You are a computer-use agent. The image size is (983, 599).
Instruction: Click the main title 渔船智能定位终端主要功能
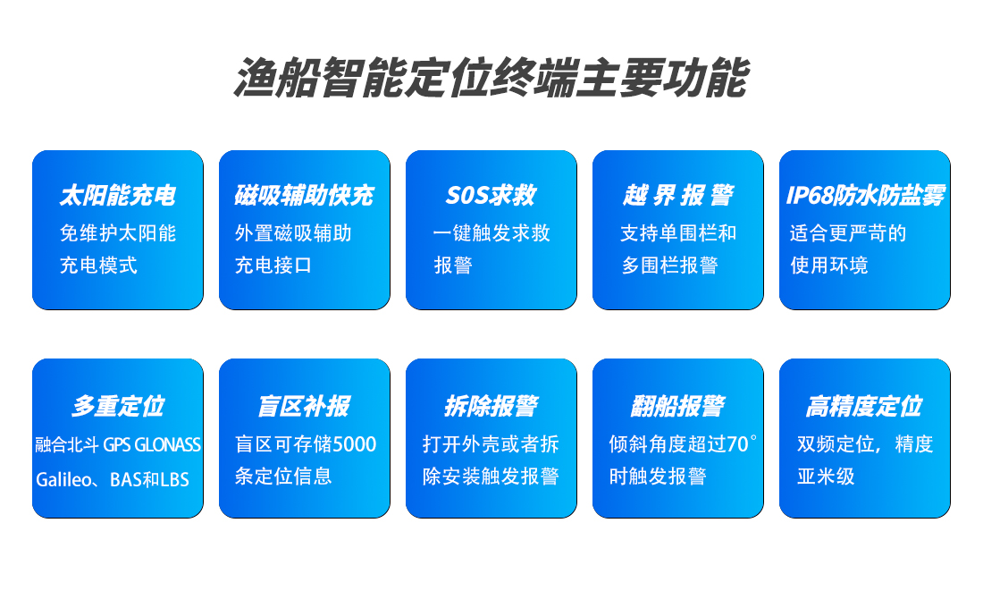(x=491, y=78)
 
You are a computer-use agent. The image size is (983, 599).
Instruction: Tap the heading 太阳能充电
(x=117, y=195)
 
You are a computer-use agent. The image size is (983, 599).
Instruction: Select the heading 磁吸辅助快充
(x=304, y=195)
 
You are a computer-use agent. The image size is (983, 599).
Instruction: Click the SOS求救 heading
(x=491, y=195)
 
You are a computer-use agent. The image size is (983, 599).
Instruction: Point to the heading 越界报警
(x=677, y=195)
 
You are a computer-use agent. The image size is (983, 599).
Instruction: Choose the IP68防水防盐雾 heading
(x=865, y=195)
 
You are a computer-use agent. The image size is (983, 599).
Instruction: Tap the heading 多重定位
(x=118, y=406)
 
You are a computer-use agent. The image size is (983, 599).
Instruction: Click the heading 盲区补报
(x=304, y=406)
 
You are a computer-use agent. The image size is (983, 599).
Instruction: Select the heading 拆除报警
(x=491, y=406)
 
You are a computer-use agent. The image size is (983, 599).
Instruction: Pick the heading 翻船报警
(x=677, y=406)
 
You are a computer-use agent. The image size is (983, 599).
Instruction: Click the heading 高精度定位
(x=864, y=406)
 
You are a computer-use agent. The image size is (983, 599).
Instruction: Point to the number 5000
(x=354, y=444)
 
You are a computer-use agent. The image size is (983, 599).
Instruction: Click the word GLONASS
(x=167, y=444)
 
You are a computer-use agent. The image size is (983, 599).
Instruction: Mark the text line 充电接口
(x=273, y=266)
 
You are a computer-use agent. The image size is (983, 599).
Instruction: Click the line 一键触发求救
(x=491, y=233)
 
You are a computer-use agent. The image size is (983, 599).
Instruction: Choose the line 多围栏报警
(x=669, y=266)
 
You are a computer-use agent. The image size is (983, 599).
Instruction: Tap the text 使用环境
(x=828, y=266)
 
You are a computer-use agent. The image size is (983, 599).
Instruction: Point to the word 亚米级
(x=826, y=477)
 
